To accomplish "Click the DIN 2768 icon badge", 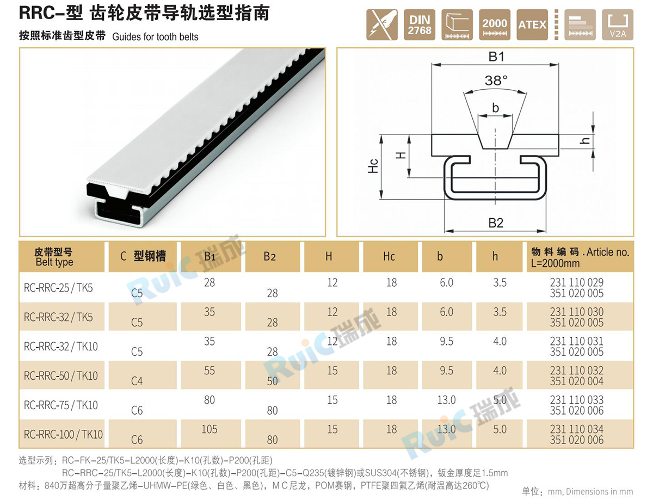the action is point(420,24).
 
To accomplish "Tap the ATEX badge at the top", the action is point(532,24).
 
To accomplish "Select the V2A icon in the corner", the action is point(618,24).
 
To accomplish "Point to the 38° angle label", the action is point(496,81).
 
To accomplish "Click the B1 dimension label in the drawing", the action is point(496,57).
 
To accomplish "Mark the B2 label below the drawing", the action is point(496,223).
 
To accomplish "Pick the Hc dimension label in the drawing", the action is point(373,166).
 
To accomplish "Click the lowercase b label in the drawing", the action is point(496,108).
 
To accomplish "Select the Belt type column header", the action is point(54,262).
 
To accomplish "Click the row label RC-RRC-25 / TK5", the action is point(58,288).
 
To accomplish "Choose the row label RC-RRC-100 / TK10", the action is point(63,434).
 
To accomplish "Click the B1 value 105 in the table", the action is point(209,429).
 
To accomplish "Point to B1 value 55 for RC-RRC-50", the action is point(210,371).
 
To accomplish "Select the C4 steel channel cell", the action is point(137,381).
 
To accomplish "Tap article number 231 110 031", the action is point(576,341).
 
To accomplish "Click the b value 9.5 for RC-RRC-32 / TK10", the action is point(446,341).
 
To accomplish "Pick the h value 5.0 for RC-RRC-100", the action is point(500,429).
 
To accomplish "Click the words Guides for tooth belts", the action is point(155,36).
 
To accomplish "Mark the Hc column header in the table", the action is point(389,256).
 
